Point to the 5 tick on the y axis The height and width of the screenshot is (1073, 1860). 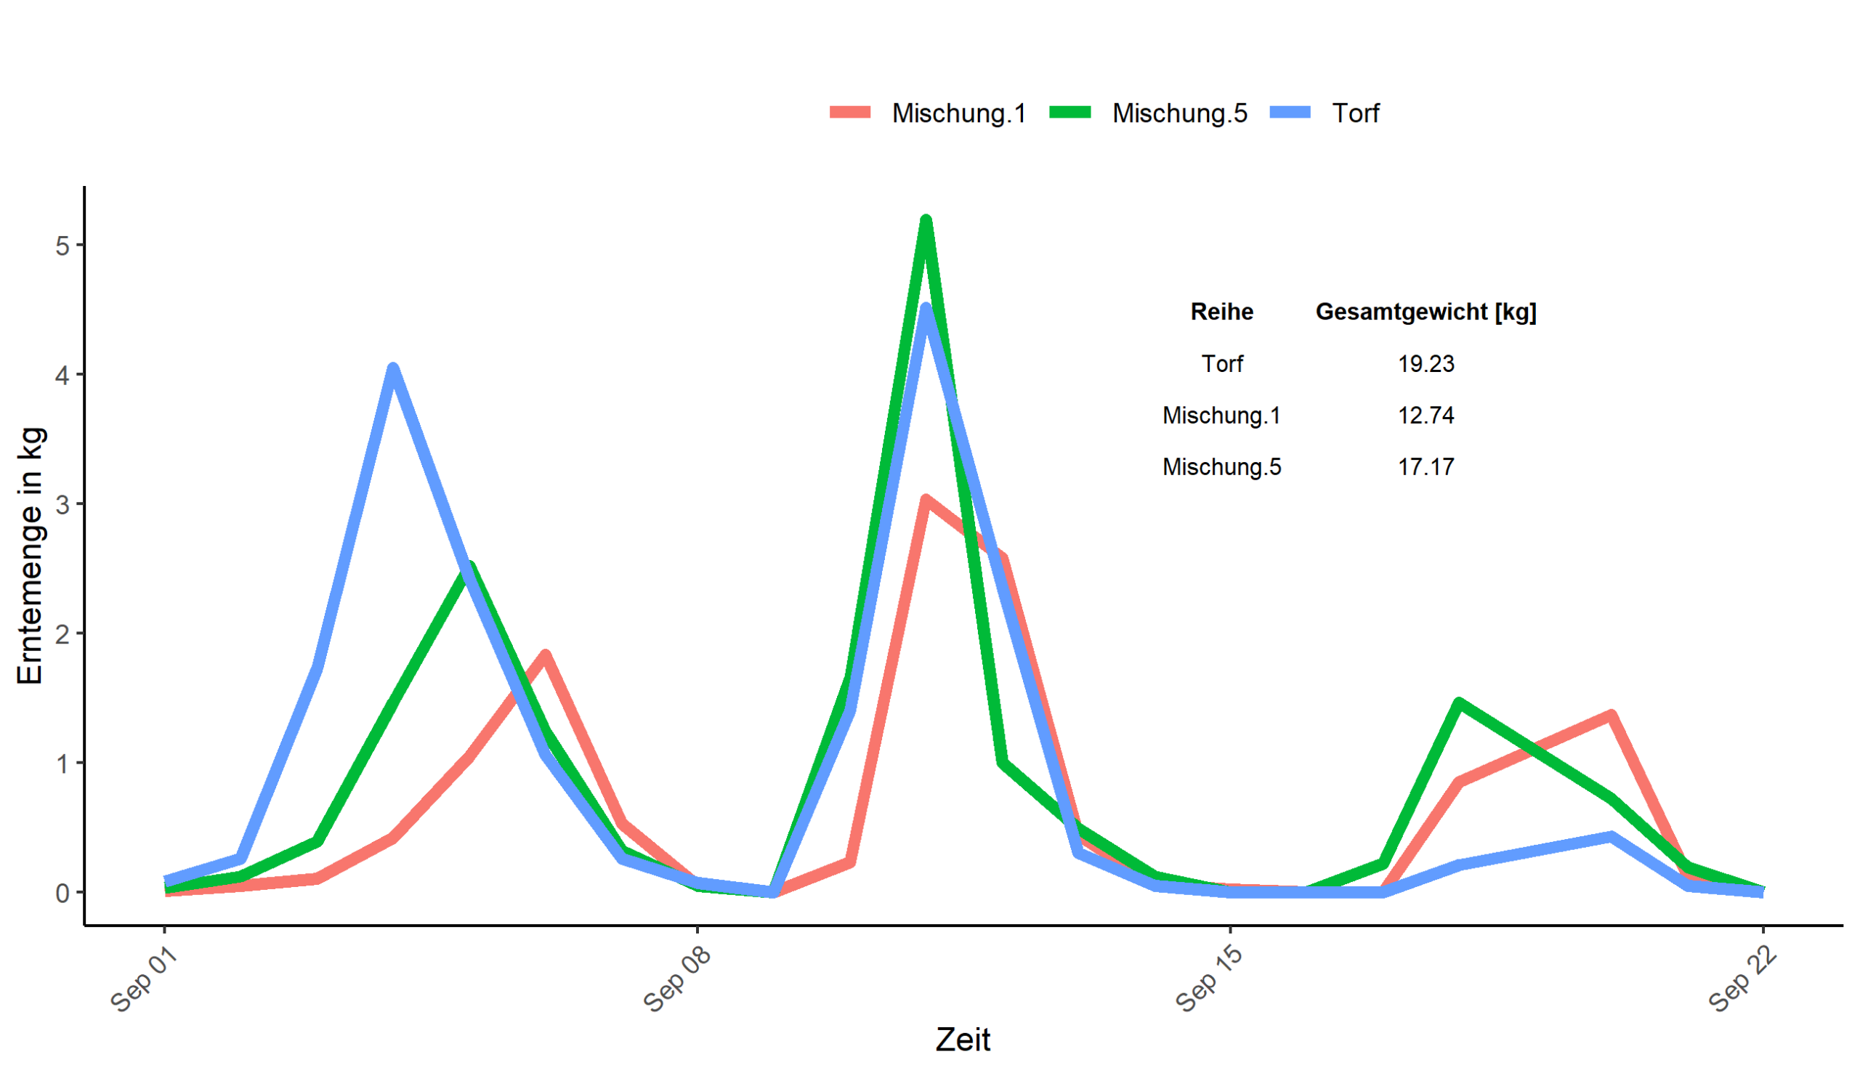(x=62, y=246)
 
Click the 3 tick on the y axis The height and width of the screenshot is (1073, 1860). (x=62, y=505)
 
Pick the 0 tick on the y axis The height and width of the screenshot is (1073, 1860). (x=62, y=893)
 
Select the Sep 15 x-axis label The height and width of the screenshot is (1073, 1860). (x=1209, y=979)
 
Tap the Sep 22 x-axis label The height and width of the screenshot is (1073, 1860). (x=1742, y=979)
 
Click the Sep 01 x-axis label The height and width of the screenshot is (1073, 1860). (x=145, y=979)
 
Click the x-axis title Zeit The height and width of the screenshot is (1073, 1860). (x=963, y=1040)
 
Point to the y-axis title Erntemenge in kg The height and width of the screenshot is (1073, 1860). (x=31, y=556)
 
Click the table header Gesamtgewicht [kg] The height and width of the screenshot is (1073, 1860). (x=1426, y=312)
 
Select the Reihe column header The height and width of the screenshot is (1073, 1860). (x=1221, y=312)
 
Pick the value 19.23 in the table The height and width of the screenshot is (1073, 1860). (x=1426, y=364)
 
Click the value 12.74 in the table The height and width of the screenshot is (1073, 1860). (x=1426, y=416)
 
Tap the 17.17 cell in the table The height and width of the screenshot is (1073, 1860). (x=1426, y=467)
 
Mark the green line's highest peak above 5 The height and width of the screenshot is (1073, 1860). (x=926, y=221)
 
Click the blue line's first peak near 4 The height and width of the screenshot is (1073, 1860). (x=393, y=368)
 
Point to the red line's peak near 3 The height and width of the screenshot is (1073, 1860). (x=926, y=501)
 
